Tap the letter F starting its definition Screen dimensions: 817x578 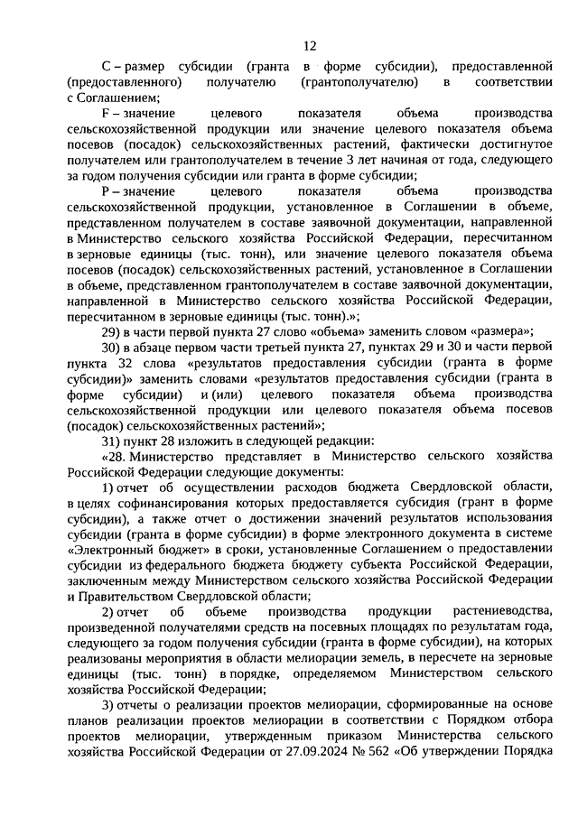[105, 115]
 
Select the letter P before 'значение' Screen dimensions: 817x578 [105, 193]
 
